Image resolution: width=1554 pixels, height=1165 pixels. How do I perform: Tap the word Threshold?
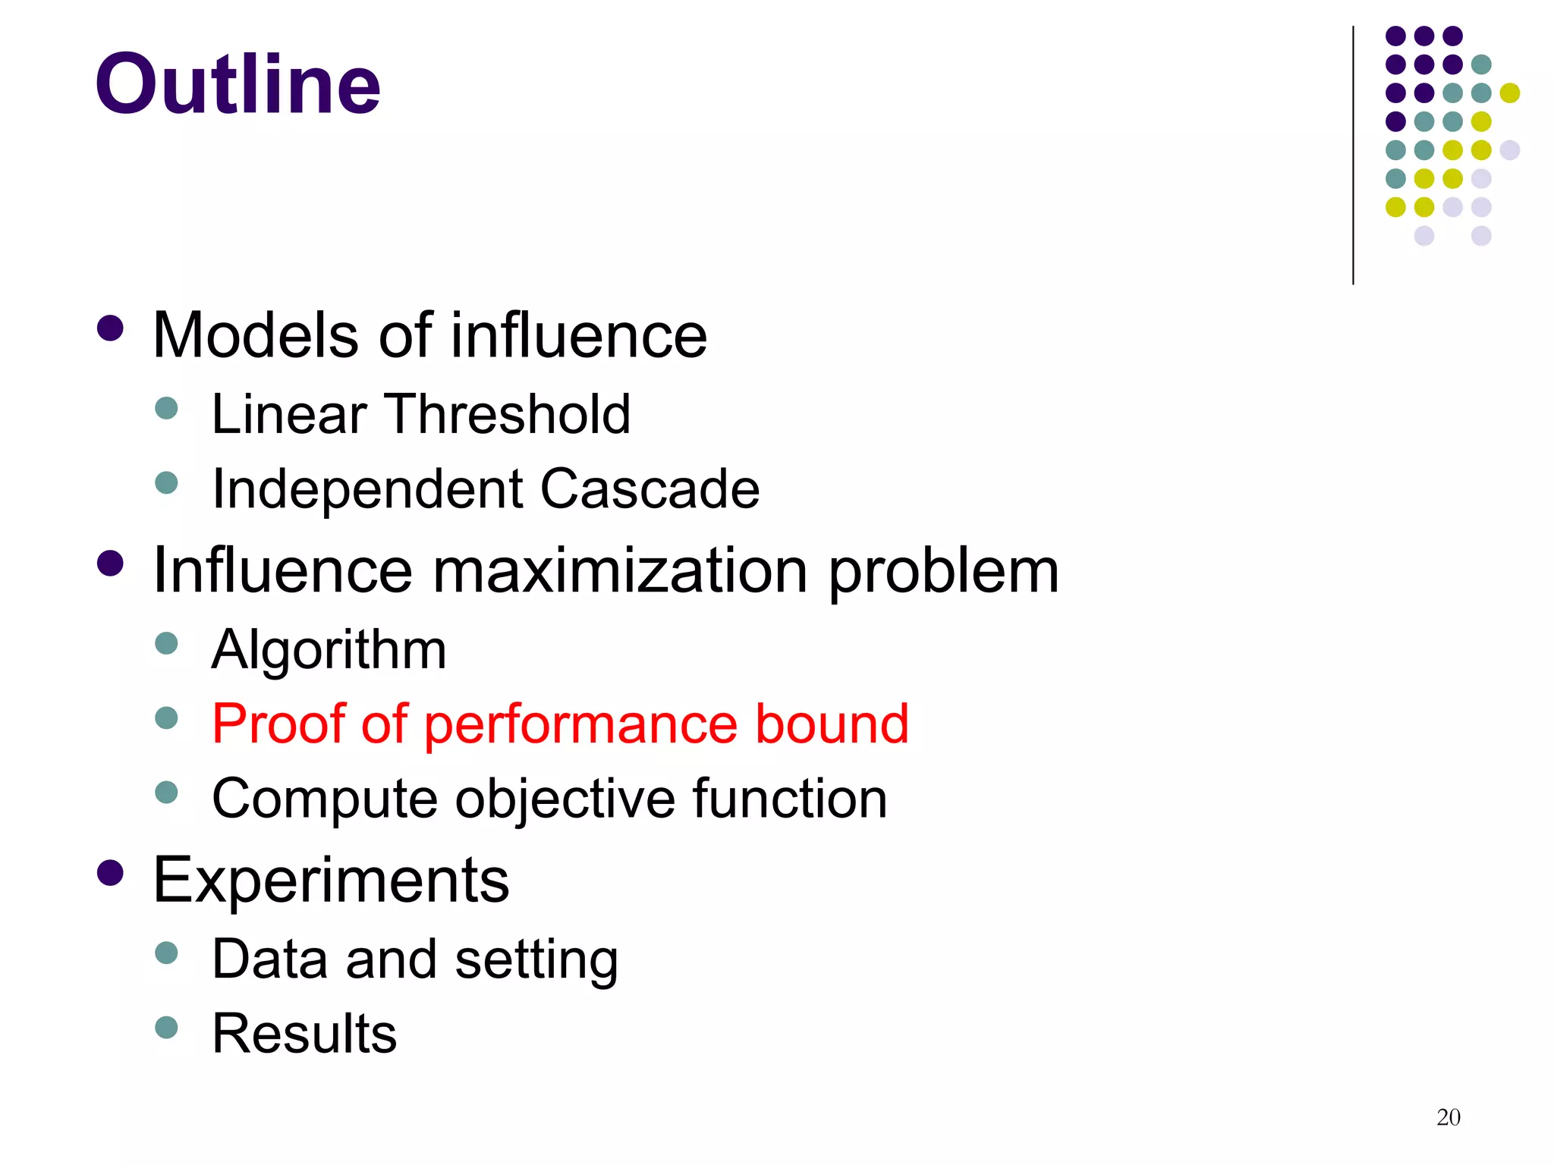point(509,414)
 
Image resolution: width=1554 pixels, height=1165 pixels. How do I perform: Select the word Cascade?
point(650,488)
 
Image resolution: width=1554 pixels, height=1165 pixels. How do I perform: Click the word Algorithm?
point(329,650)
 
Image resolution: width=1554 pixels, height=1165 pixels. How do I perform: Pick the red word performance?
point(580,724)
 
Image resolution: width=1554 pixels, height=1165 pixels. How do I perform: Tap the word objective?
point(565,799)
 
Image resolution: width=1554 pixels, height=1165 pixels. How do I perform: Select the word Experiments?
point(331,880)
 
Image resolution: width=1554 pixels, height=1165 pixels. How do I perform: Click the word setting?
point(536,959)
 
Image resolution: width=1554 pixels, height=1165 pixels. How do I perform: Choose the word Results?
point(304,1034)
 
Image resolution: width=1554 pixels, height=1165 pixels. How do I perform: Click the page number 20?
point(1448,1117)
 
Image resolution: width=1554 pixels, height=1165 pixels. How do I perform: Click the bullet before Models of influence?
point(111,329)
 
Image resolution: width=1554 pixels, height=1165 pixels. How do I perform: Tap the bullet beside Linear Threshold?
point(166,409)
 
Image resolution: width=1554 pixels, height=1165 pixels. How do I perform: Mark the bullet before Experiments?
point(111,873)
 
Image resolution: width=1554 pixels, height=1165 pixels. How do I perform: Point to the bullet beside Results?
point(166,1028)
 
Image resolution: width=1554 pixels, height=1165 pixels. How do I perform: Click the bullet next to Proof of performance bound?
point(166,718)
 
